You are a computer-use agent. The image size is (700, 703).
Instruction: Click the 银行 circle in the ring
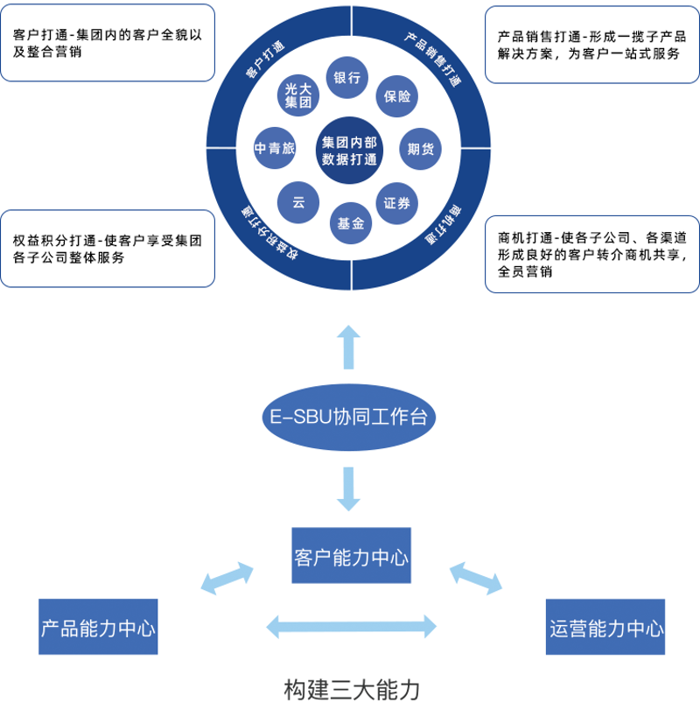347,77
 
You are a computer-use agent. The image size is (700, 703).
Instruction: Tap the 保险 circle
398,97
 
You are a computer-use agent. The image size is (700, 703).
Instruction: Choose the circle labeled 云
298,202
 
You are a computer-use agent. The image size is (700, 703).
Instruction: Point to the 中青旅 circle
275,149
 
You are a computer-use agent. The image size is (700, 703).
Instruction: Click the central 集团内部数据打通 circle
348,150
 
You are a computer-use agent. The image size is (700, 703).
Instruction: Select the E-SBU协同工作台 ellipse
349,418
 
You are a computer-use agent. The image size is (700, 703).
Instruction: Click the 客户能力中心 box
351,556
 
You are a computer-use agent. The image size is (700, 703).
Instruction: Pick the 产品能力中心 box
99,627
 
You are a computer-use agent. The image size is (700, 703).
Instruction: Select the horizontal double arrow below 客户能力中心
351,625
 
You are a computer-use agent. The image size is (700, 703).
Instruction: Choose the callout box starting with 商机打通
592,254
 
